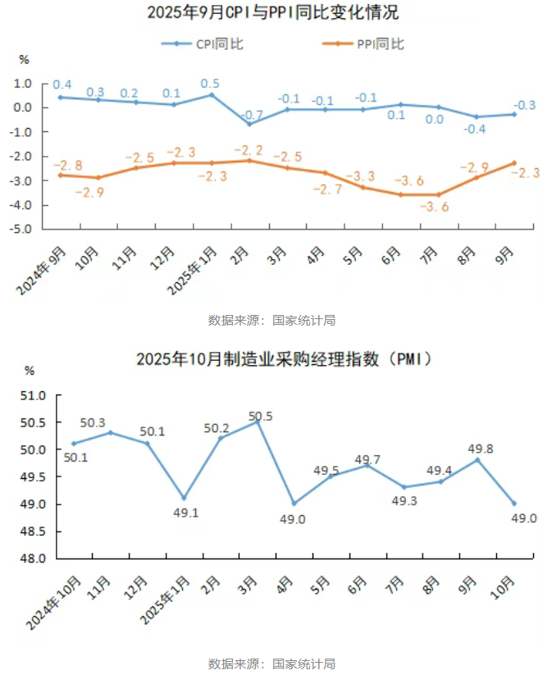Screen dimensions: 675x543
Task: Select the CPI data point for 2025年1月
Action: [x=211, y=94]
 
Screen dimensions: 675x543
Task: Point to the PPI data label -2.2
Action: [x=248, y=150]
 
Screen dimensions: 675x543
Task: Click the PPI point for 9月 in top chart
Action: [x=513, y=162]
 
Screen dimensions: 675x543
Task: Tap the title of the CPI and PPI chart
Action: [x=271, y=13]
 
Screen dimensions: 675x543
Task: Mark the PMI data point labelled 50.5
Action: [x=258, y=422]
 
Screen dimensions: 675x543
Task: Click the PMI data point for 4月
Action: [x=294, y=504]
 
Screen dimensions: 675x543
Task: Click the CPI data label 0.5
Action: [x=210, y=84]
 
